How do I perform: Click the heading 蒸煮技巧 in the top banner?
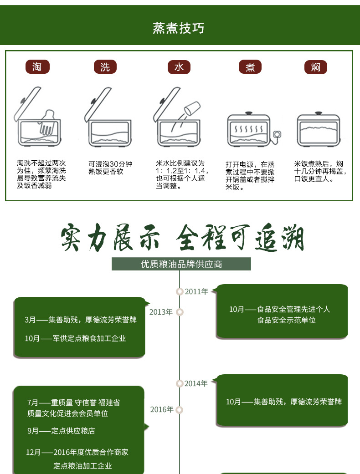pyautogui.click(x=179, y=28)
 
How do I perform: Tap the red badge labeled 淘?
pyautogui.click(x=37, y=67)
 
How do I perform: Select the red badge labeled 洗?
pyautogui.click(x=105, y=67)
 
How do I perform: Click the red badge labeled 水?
pyautogui.click(x=179, y=67)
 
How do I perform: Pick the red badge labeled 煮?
pyautogui.click(x=250, y=67)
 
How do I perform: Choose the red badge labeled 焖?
pyautogui.click(x=316, y=67)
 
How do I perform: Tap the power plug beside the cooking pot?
pyautogui.click(x=276, y=134)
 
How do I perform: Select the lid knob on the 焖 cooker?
pyautogui.click(x=318, y=112)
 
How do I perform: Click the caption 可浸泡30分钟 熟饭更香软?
pyautogui.click(x=110, y=168)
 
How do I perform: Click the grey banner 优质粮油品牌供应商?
pyautogui.click(x=181, y=264)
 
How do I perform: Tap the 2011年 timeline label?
pyautogui.click(x=196, y=291)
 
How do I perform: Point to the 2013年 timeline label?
pyautogui.click(x=161, y=312)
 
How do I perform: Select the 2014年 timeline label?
pyautogui.click(x=196, y=383)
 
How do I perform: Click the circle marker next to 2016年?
pyautogui.click(x=180, y=410)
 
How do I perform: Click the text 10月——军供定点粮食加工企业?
pyautogui.click(x=75, y=338)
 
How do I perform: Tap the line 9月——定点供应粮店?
pyautogui.click(x=61, y=431)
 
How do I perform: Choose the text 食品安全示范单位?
pyautogui.click(x=286, y=320)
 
